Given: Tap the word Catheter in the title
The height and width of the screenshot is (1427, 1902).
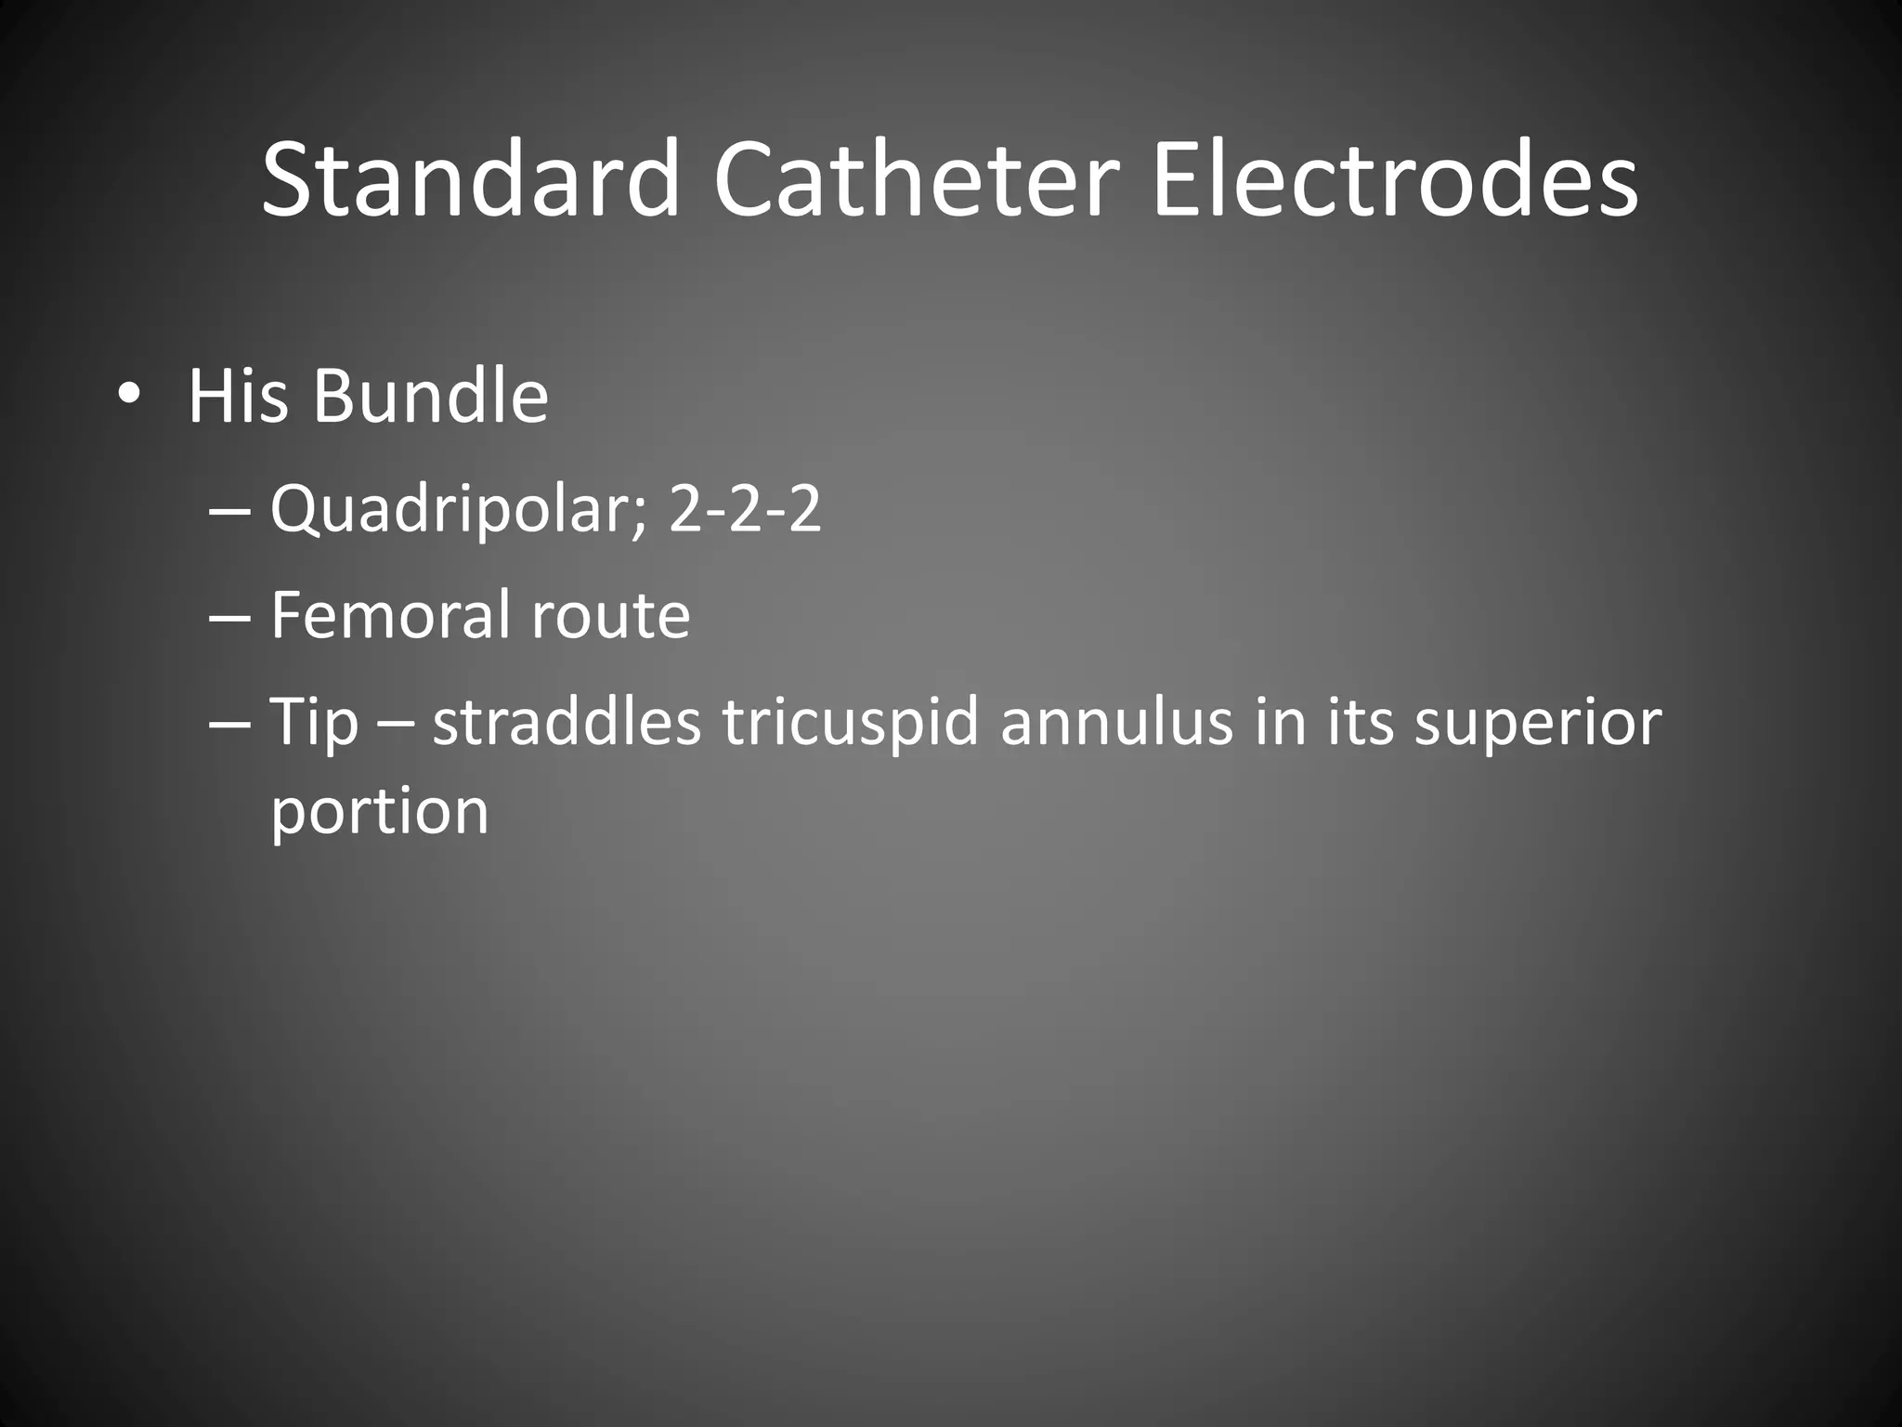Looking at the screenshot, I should pyautogui.click(x=916, y=178).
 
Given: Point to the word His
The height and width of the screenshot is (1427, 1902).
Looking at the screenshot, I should pyautogui.click(x=237, y=396).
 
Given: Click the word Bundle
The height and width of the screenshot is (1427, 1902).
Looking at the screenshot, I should pyautogui.click(x=431, y=396).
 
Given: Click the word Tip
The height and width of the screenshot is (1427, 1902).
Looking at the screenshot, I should pyautogui.click(x=314, y=722).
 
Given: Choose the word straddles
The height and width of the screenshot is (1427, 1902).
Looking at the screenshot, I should pyautogui.click(x=567, y=722).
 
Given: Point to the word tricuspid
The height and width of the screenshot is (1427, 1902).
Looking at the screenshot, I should pyautogui.click(x=851, y=722).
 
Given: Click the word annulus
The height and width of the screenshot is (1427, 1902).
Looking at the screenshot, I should pyautogui.click(x=1116, y=722).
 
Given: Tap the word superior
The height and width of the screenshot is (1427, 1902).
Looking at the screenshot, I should pyautogui.click(x=1537, y=722).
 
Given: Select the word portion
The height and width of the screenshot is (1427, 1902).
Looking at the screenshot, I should pyautogui.click(x=379, y=811).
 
